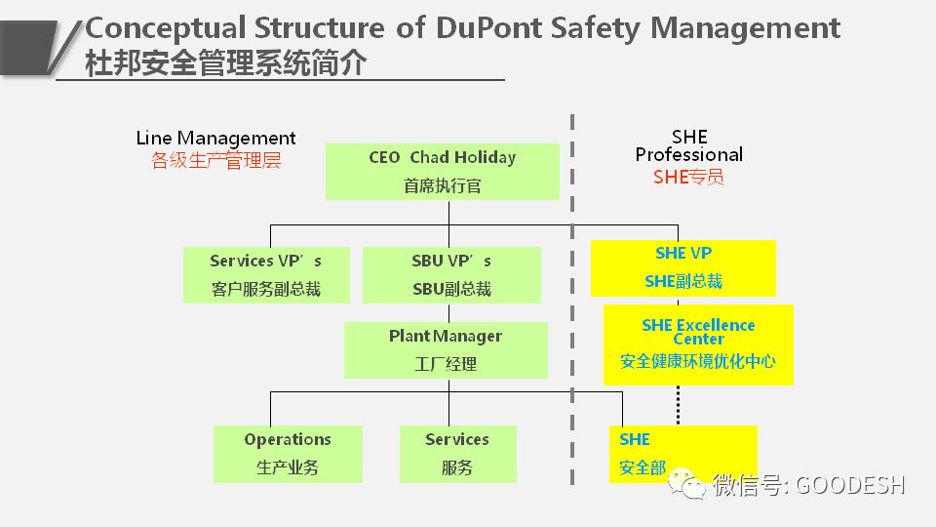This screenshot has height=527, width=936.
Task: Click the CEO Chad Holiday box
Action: click(442, 171)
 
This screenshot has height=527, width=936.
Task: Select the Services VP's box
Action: click(265, 274)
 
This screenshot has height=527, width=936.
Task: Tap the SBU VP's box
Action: click(450, 274)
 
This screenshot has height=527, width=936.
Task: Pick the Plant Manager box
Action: click(446, 349)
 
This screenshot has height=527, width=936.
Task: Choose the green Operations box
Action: click(288, 453)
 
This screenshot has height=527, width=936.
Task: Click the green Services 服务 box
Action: click(457, 453)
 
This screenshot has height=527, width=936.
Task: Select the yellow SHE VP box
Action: click(682, 267)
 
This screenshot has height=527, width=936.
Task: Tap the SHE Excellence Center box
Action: click(697, 344)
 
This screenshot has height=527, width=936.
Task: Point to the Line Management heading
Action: click(215, 139)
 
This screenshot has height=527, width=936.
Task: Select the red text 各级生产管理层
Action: click(215, 161)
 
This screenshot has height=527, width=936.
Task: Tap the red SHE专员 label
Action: click(688, 177)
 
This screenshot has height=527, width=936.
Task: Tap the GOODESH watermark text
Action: click(850, 484)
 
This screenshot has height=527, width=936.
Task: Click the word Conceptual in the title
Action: click(167, 27)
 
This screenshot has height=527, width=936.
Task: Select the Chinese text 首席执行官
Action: click(442, 185)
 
